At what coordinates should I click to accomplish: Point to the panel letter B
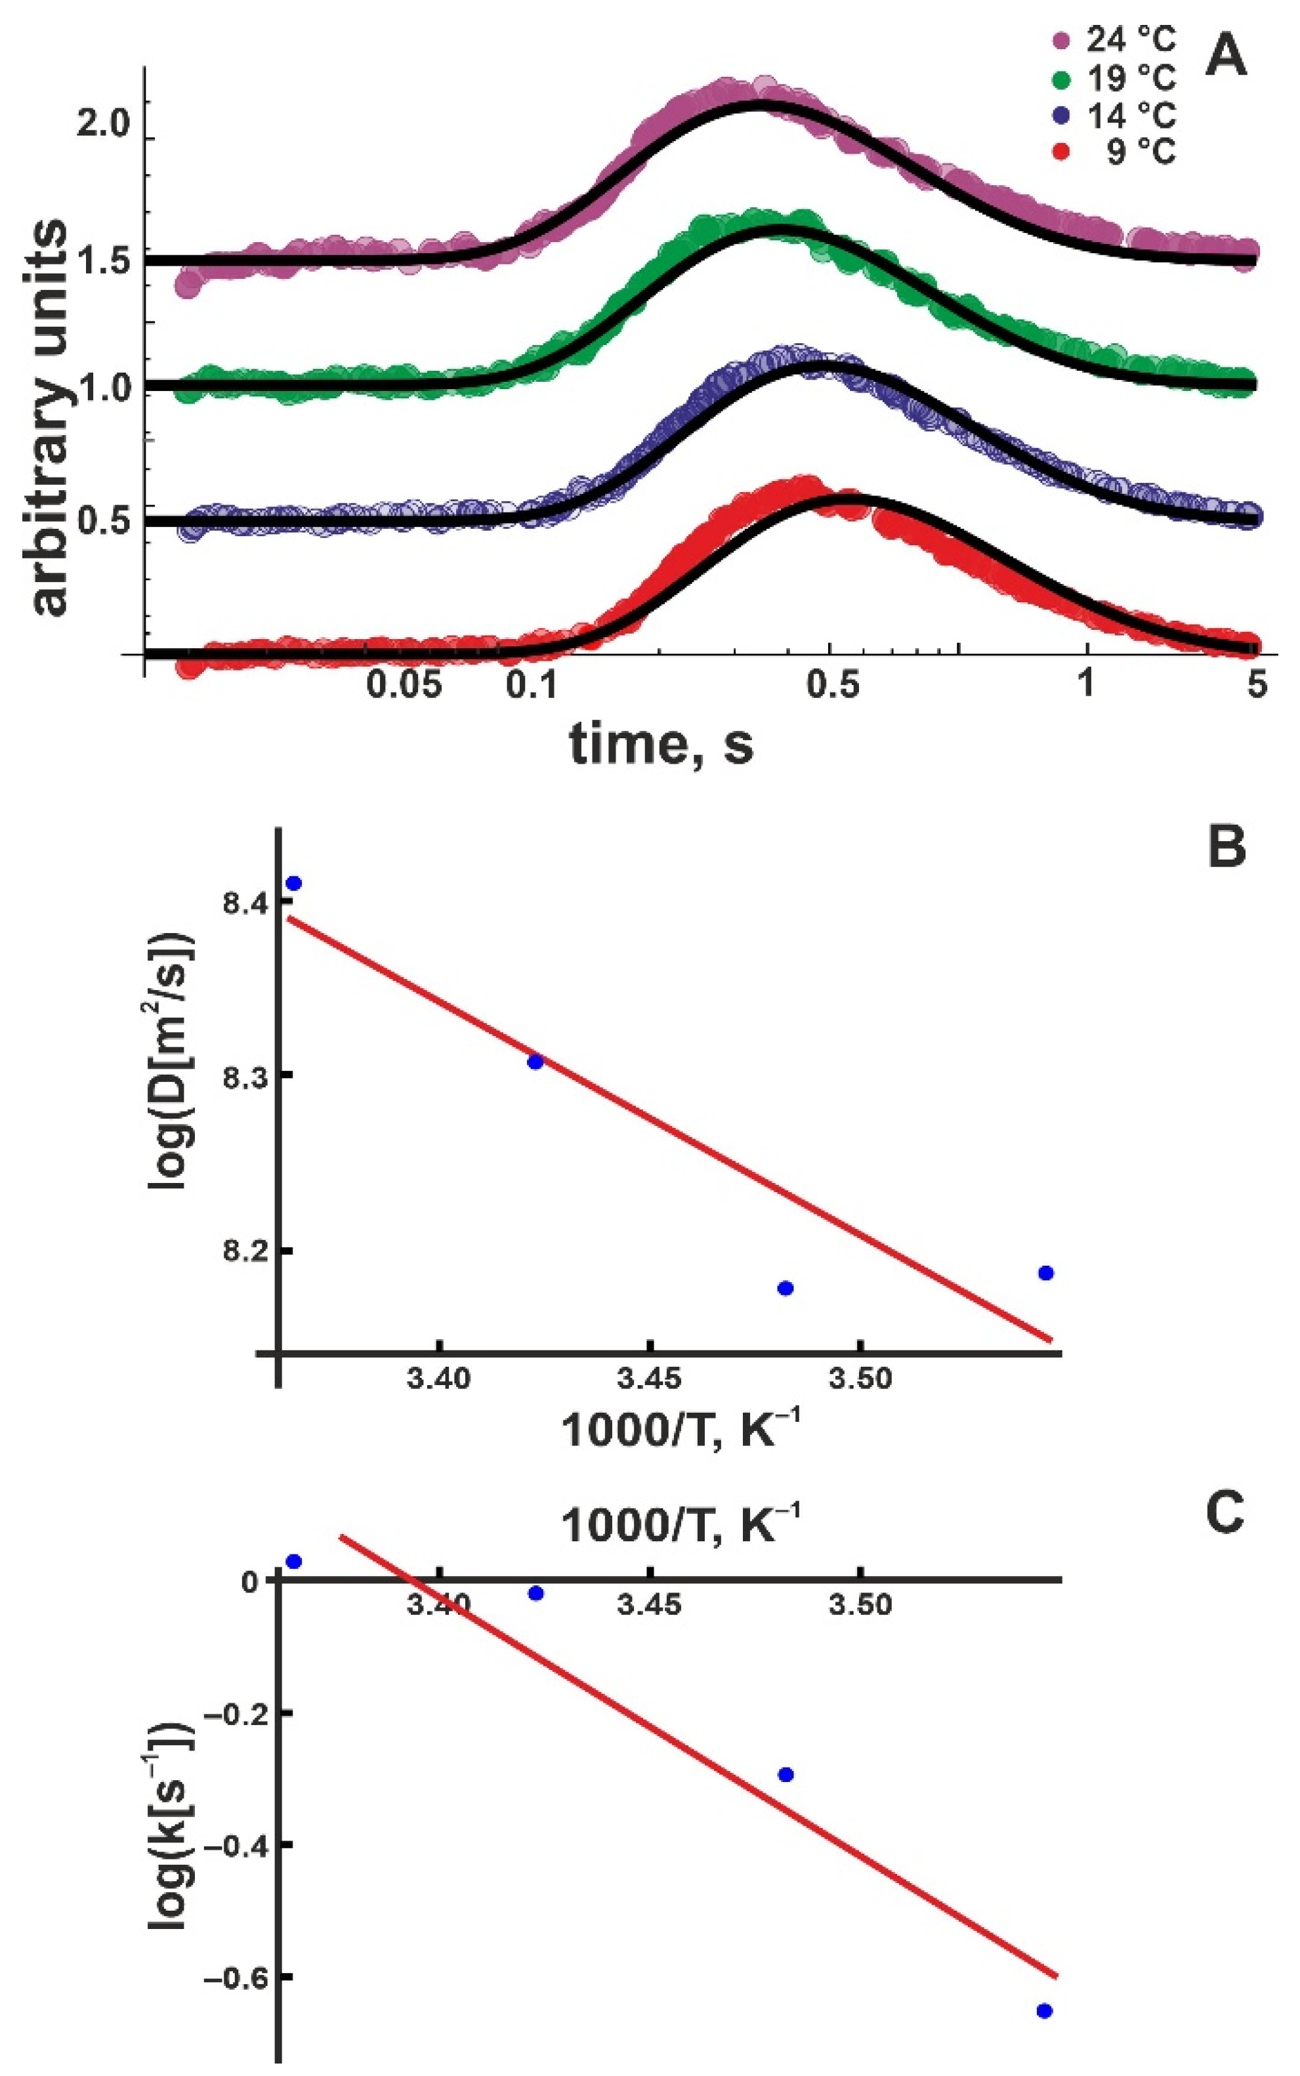click(1226, 846)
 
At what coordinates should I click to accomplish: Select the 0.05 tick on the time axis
click(404, 685)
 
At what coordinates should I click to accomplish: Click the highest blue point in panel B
click(294, 884)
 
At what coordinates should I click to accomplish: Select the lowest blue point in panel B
click(784, 1288)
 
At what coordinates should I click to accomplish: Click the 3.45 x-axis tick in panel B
click(649, 1380)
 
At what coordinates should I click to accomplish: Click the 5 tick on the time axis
click(1257, 685)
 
